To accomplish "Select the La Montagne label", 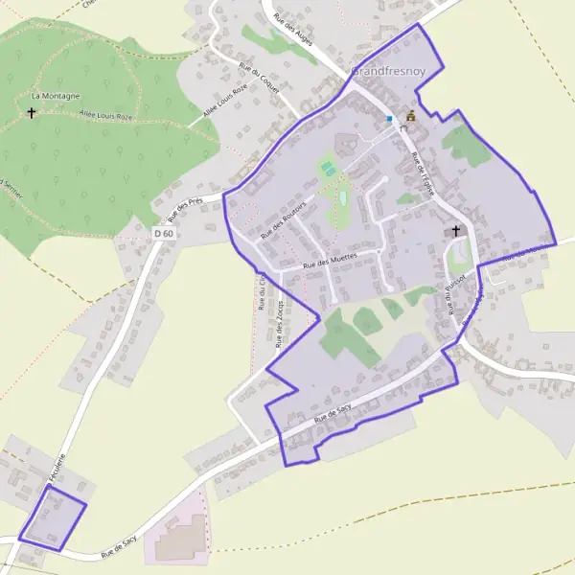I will [x=55, y=96].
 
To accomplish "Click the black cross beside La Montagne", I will [x=32, y=113].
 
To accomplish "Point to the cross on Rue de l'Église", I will [x=455, y=231].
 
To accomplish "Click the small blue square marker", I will [x=389, y=119].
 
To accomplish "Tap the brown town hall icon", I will [x=411, y=116].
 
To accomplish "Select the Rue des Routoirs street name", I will [x=281, y=219].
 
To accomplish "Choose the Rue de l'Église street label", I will [x=423, y=173].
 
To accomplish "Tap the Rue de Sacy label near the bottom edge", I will [x=120, y=546].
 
